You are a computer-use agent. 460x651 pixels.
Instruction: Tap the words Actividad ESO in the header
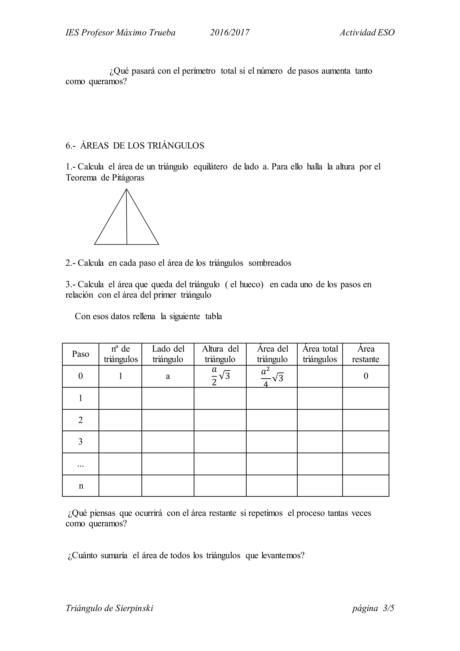pos(367,33)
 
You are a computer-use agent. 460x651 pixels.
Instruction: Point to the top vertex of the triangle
pos(126,189)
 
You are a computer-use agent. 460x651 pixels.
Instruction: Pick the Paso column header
pos(80,354)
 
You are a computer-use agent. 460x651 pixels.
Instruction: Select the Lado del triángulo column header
pos(168,354)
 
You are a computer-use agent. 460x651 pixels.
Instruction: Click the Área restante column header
pos(365,354)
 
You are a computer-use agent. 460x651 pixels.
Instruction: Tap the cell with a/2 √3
pos(220,376)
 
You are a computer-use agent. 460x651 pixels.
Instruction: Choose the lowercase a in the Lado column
pos(168,377)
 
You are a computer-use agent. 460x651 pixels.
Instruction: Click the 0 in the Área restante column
pos(366,376)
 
